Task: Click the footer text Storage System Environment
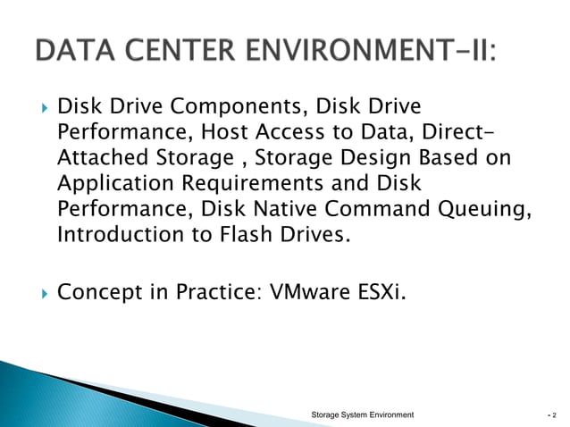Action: (362, 415)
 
